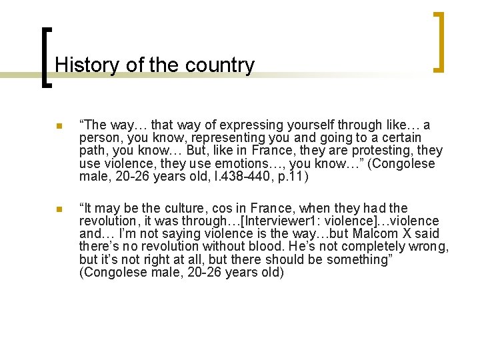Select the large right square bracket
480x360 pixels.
click(439, 41)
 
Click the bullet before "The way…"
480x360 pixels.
click(59, 126)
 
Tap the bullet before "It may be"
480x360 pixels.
click(59, 210)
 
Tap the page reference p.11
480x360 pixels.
click(297, 176)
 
